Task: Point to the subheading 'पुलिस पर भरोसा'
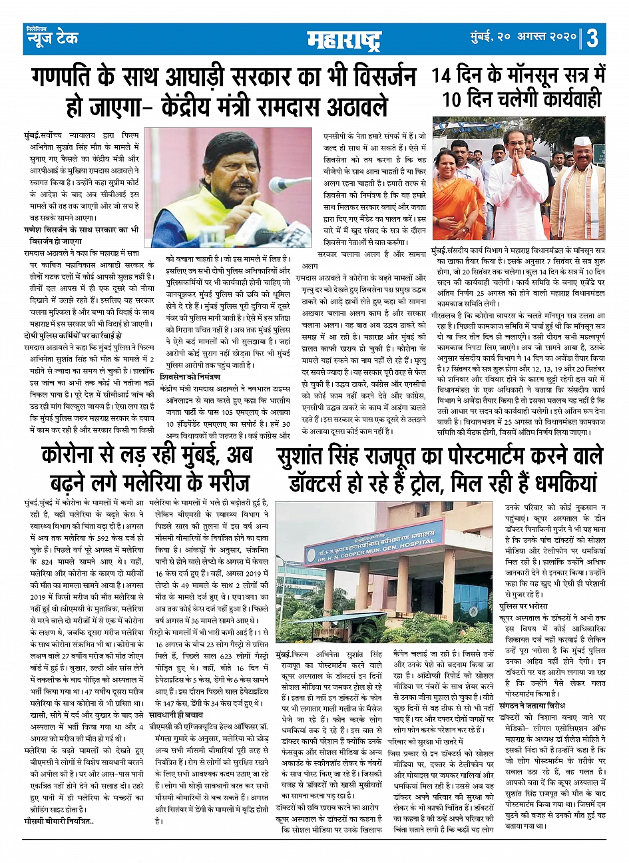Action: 524,607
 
